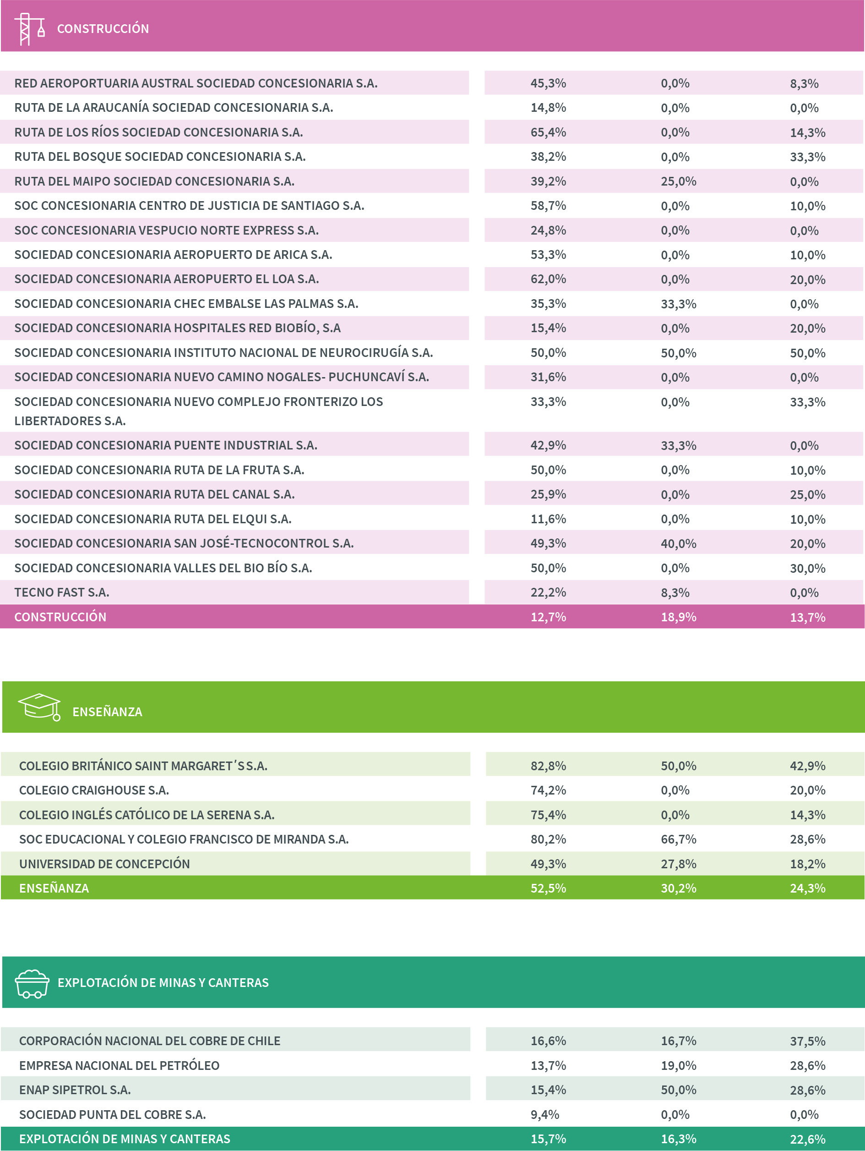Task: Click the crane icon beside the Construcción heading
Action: pyautogui.click(x=29, y=29)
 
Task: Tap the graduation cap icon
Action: pyautogui.click(x=39, y=707)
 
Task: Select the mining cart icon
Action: pyautogui.click(x=32, y=983)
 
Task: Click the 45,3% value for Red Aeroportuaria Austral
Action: pyautogui.click(x=548, y=83)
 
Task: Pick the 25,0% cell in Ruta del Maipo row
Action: pyautogui.click(x=678, y=181)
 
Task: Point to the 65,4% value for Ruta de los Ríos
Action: pyautogui.click(x=548, y=132)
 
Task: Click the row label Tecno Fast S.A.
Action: pyautogui.click(x=61, y=592)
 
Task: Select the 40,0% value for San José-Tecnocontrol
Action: pyautogui.click(x=678, y=544)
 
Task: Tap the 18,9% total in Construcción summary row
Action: pyautogui.click(x=678, y=617)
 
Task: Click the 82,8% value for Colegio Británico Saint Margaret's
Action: pyautogui.click(x=548, y=766)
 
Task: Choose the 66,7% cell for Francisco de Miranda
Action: pyautogui.click(x=678, y=839)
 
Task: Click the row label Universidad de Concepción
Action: pyautogui.click(x=104, y=864)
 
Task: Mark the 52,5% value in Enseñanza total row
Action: pyautogui.click(x=548, y=888)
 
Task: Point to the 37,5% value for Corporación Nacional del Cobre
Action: pyautogui.click(x=807, y=1041)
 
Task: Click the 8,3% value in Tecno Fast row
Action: pyautogui.click(x=675, y=592)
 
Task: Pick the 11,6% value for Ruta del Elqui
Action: pyautogui.click(x=548, y=519)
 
